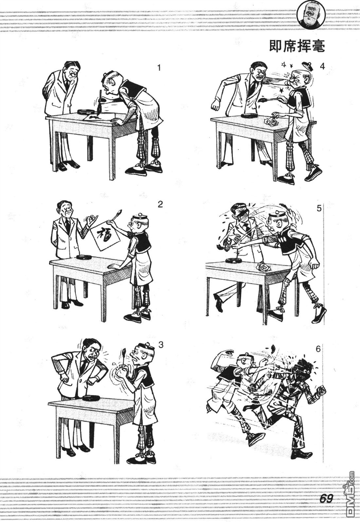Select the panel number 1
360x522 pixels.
coord(159,68)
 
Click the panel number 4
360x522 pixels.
coord(322,67)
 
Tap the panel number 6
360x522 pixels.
coord(318,349)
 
